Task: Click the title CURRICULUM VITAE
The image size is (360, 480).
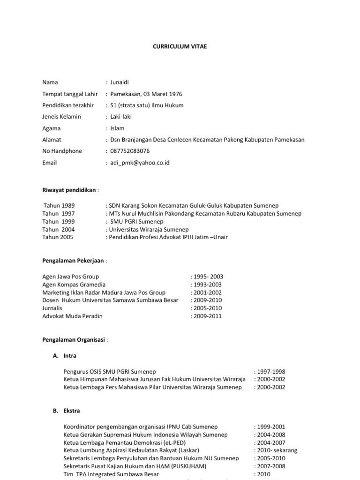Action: [x=180, y=46]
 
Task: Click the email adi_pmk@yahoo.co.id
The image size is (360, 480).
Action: [x=139, y=163]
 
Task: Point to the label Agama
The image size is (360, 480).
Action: [x=52, y=128]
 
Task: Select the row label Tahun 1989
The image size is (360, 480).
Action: [x=59, y=206]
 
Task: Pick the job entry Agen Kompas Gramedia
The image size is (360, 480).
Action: [x=74, y=285]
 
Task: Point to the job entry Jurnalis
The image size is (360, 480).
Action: [x=52, y=308]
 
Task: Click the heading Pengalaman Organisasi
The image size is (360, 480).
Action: [x=74, y=339]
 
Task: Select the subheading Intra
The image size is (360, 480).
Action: [x=69, y=356]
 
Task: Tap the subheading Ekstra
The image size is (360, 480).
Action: [x=71, y=411]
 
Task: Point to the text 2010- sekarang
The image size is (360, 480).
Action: [x=277, y=450]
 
